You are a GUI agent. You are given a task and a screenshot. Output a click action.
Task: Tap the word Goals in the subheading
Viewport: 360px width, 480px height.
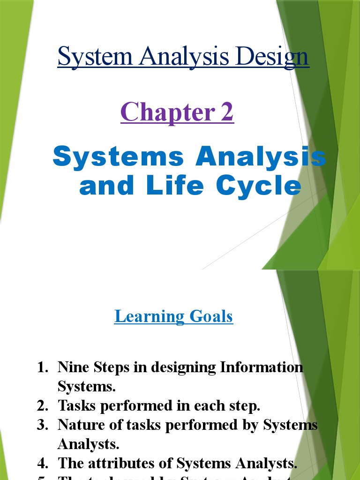pyautogui.click(x=211, y=316)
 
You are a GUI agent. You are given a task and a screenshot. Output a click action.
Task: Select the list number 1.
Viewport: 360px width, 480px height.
pyautogui.click(x=43, y=367)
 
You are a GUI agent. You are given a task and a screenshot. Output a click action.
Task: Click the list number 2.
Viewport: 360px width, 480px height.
pyautogui.click(x=43, y=405)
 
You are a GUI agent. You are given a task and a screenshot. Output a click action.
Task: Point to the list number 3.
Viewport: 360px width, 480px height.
pyautogui.click(x=43, y=425)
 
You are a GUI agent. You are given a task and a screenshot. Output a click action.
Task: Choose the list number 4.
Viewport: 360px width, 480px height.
pyautogui.click(x=43, y=463)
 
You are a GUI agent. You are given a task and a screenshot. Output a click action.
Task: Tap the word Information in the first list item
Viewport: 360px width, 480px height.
pyautogui.click(x=262, y=367)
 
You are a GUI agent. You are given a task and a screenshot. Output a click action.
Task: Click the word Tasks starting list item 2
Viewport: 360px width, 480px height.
pyautogui.click(x=76, y=405)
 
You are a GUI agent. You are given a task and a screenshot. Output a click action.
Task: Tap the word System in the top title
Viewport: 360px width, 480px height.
pyautogui.click(x=95, y=57)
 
